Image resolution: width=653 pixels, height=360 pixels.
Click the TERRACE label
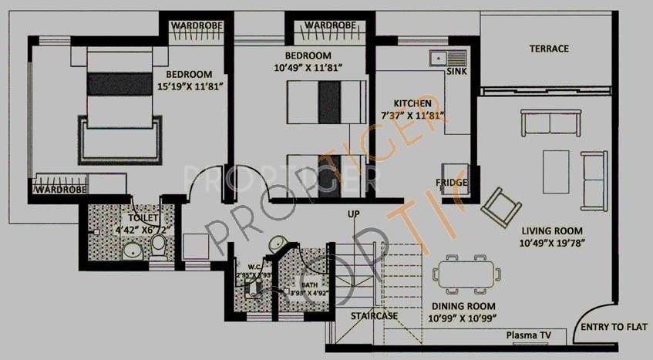pos(549,49)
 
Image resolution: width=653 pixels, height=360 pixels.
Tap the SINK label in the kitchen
pos(457,71)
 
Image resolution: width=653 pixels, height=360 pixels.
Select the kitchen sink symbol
pos(449,57)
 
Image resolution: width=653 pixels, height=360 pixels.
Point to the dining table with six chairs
pos(466,273)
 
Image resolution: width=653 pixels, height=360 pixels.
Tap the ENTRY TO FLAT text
pos(613,328)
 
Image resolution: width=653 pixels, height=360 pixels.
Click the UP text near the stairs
pos(354,214)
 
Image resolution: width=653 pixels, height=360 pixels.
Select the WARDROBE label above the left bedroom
pos(197,25)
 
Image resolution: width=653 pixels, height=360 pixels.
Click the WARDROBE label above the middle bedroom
pos(330,25)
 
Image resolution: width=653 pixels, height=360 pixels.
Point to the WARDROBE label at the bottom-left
pos(58,188)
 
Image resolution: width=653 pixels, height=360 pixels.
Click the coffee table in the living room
pos(556,167)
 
